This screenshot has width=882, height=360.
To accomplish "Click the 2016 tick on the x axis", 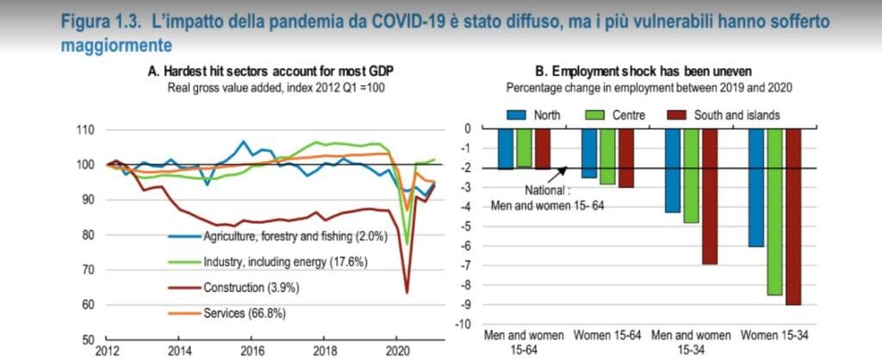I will tap(251, 351).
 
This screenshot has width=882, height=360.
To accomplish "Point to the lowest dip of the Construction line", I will tap(406, 293).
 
